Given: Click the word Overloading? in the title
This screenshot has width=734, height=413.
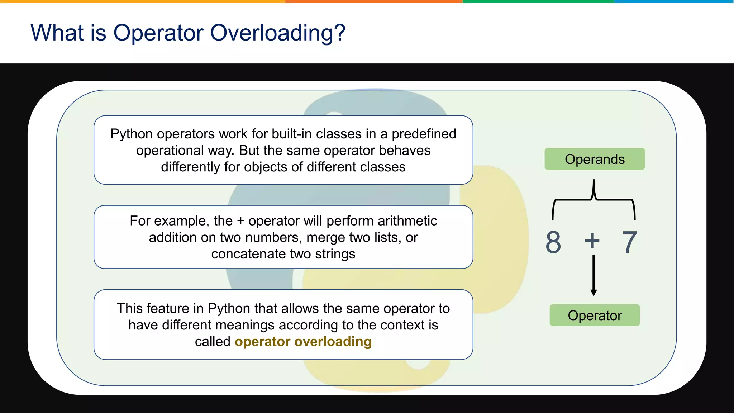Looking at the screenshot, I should click(x=277, y=33).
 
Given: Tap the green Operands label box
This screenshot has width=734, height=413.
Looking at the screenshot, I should click(x=595, y=159).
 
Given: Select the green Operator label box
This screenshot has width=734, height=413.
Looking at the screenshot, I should click(x=595, y=315).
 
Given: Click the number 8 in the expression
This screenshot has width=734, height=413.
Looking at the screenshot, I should click(x=553, y=242).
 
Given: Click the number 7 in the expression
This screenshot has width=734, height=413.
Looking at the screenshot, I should click(x=629, y=242).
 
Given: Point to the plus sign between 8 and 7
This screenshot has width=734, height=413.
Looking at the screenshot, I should click(x=592, y=241).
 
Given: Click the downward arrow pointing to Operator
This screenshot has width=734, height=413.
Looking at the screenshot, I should click(x=594, y=276).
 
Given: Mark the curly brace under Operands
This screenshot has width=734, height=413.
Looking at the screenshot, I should click(x=594, y=199).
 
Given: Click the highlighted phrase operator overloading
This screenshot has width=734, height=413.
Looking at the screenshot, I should click(x=303, y=342).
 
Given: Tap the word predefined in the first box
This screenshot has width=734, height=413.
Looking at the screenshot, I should click(x=424, y=134).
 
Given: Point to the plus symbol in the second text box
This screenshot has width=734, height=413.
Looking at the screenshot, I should click(x=240, y=221).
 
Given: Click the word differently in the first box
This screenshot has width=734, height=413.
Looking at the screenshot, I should click(x=190, y=167).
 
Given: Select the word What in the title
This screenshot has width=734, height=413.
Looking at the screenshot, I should click(x=57, y=33).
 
